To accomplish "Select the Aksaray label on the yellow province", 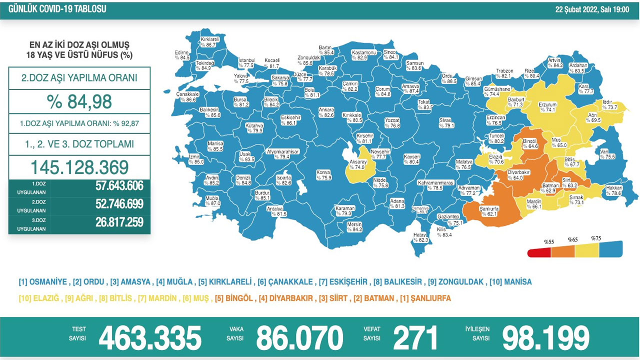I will click(358, 165).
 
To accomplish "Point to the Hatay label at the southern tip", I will click(421, 237).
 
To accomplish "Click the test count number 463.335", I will click(149, 338).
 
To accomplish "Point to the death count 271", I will click(415, 338).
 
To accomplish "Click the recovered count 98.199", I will click(545, 338).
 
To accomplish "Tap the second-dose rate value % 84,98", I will click(79, 101).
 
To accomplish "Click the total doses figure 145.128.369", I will click(79, 167).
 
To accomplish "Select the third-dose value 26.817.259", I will click(119, 222).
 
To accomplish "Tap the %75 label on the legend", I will click(596, 238).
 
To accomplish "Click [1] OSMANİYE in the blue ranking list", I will click(42, 282).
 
